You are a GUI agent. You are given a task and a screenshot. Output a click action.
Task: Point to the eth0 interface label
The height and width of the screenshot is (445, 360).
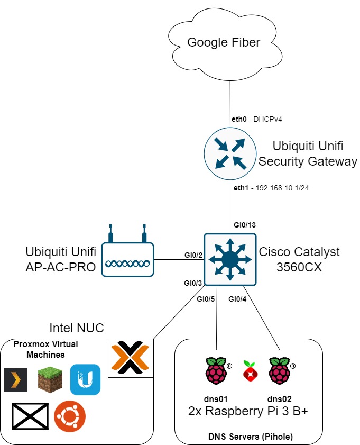pos(239,119)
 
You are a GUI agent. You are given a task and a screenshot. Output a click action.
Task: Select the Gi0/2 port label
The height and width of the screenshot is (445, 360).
pos(194,255)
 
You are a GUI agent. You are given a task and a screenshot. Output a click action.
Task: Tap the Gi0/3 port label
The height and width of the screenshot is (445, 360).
pos(193,284)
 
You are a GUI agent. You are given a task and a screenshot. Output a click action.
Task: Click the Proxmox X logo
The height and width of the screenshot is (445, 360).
pos(131,358)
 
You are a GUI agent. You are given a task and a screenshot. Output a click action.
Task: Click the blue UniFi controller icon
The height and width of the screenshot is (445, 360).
pos(85,379)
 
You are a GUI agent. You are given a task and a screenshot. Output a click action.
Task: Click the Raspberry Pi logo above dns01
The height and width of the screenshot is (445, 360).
pos(216,371)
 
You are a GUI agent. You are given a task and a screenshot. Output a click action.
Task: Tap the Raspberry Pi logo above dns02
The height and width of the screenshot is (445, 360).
pos(280,371)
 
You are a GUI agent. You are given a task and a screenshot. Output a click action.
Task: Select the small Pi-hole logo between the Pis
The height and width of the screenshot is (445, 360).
pos(248,370)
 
